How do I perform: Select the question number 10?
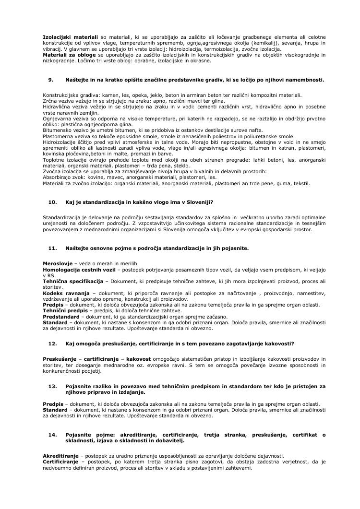53,202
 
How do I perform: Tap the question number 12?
53,343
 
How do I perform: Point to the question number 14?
53,435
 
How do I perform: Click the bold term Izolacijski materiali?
70,37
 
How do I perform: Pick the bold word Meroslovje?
58,264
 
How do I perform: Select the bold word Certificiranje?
60,462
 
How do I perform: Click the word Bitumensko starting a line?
58,130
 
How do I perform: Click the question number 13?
53,386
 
